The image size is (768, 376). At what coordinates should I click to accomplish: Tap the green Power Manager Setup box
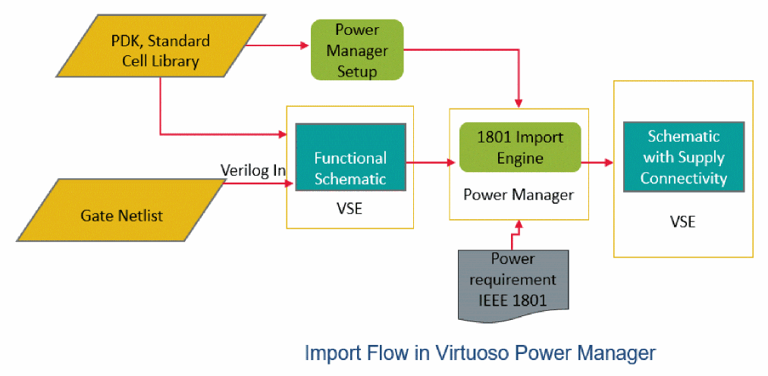356,51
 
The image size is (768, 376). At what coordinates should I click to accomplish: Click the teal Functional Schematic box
350,168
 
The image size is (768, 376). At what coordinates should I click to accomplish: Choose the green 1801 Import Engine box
520,149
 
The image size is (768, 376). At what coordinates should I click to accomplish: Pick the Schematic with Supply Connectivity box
685,158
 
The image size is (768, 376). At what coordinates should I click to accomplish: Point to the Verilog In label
252,171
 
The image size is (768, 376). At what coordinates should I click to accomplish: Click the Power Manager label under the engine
519,195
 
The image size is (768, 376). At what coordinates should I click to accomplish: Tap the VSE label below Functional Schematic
349,208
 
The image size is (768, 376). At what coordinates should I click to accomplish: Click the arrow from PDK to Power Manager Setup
277,45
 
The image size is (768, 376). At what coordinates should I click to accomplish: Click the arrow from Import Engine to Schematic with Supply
597,162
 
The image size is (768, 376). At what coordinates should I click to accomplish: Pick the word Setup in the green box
357,71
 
